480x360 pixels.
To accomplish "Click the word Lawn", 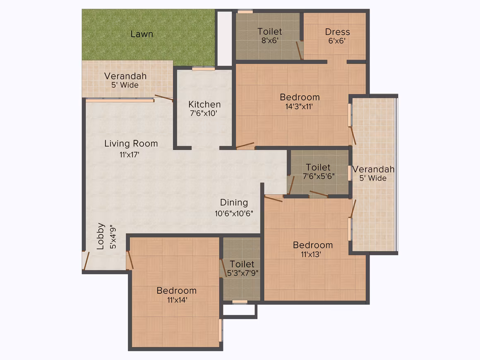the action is [x=142, y=34].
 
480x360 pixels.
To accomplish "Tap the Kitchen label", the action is [x=204, y=104].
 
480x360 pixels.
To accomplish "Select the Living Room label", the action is [x=131, y=144].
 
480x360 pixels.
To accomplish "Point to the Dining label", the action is [x=234, y=203].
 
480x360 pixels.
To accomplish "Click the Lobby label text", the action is [x=101, y=236].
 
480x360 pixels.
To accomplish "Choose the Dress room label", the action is [x=337, y=32].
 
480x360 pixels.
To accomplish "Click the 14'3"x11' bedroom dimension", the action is [x=299, y=106].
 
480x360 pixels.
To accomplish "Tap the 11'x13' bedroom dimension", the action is [x=311, y=254].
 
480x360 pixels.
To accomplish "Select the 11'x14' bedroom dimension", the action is [x=177, y=300].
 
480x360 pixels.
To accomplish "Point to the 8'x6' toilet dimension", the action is [x=270, y=41].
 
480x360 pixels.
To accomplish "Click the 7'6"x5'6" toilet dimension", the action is [x=318, y=176].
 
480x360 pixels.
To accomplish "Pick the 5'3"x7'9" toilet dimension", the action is [x=242, y=273].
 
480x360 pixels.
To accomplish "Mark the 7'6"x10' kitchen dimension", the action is [x=204, y=113].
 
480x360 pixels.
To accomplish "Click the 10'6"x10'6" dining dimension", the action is [x=234, y=214].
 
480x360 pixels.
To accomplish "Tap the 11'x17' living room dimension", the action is [x=129, y=155].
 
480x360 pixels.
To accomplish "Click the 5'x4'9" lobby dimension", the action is [x=113, y=237].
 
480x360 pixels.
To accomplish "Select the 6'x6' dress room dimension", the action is [x=337, y=41].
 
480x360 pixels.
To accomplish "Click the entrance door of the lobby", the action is [x=86, y=261].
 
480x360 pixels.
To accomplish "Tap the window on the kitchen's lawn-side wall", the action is [x=203, y=69].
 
